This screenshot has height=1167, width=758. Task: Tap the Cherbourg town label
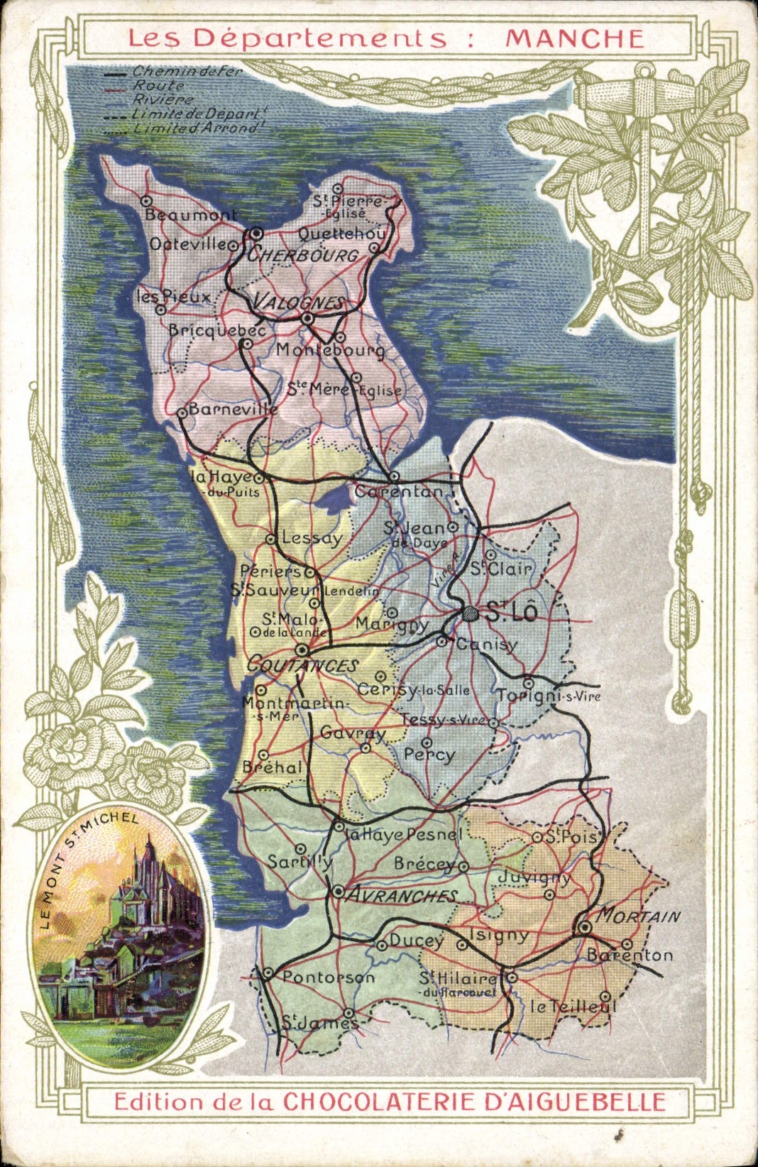[304, 255]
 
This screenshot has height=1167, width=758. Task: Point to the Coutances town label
[303, 666]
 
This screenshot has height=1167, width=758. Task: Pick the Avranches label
[402, 895]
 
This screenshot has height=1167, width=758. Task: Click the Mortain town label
[637, 916]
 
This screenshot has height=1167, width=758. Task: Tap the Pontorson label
[328, 977]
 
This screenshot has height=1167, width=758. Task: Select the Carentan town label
[398, 491]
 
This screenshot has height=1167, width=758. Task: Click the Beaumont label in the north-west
[191, 214]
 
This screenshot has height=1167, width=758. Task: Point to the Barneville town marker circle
[182, 412]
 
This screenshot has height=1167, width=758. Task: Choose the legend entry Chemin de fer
[187, 72]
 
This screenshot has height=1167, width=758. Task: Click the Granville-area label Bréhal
[272, 767]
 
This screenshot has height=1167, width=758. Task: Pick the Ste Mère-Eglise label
[344, 390]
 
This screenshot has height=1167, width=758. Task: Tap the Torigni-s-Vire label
[548, 696]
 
